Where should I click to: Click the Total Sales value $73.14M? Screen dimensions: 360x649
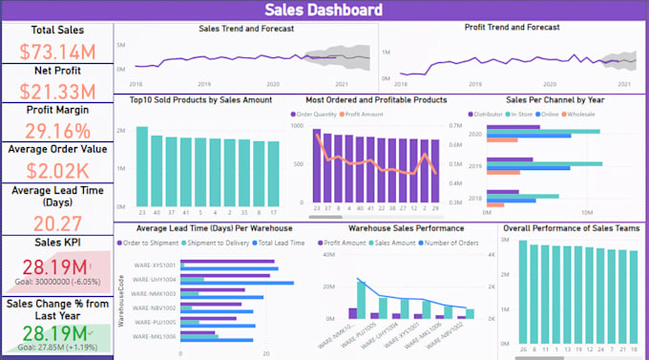point(56,51)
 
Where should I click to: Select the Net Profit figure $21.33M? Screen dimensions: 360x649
point(56,92)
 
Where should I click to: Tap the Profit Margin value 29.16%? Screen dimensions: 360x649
point(56,130)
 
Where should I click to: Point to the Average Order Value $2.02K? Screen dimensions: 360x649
point(56,170)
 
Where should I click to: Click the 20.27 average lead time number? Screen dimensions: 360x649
point(56,222)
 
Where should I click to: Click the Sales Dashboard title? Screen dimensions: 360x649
point(324,11)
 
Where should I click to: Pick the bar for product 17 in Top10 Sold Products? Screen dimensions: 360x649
point(273,173)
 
